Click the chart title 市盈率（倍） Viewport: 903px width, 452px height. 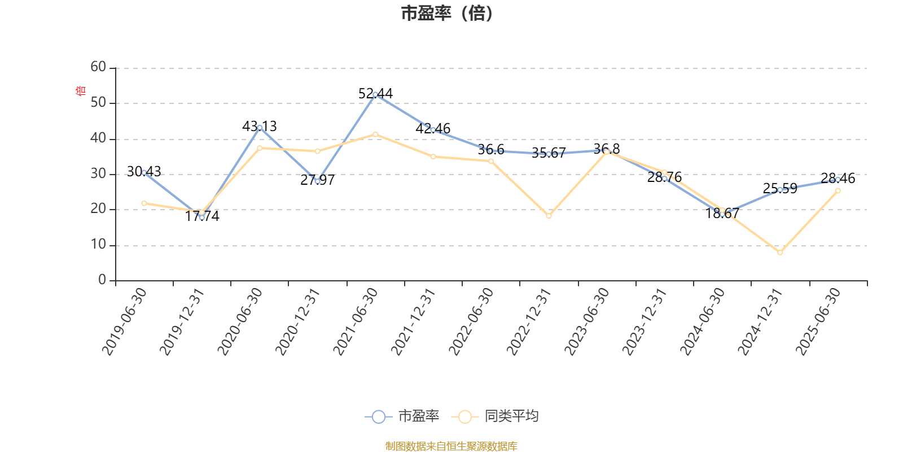click(x=447, y=14)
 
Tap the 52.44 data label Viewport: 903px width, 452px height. click(x=375, y=93)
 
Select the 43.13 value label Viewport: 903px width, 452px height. click(x=260, y=126)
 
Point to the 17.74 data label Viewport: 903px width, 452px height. click(x=202, y=216)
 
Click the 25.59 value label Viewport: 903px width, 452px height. click(x=780, y=188)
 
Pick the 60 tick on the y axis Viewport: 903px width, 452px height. click(x=98, y=67)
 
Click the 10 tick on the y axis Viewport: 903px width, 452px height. click(x=98, y=245)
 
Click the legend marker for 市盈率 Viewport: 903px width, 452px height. click(x=379, y=417)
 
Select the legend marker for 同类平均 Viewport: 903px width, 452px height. click(x=464, y=417)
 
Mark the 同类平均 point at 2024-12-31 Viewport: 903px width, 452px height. click(x=780, y=253)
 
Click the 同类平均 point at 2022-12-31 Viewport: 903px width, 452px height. click(x=549, y=216)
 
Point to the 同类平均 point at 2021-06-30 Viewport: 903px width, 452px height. click(x=375, y=134)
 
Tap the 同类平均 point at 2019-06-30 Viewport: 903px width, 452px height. click(x=144, y=203)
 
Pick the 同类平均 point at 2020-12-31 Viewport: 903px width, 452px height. click(x=317, y=151)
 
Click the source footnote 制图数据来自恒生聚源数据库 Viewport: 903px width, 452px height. click(x=451, y=446)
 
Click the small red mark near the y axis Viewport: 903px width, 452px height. click(x=80, y=90)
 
